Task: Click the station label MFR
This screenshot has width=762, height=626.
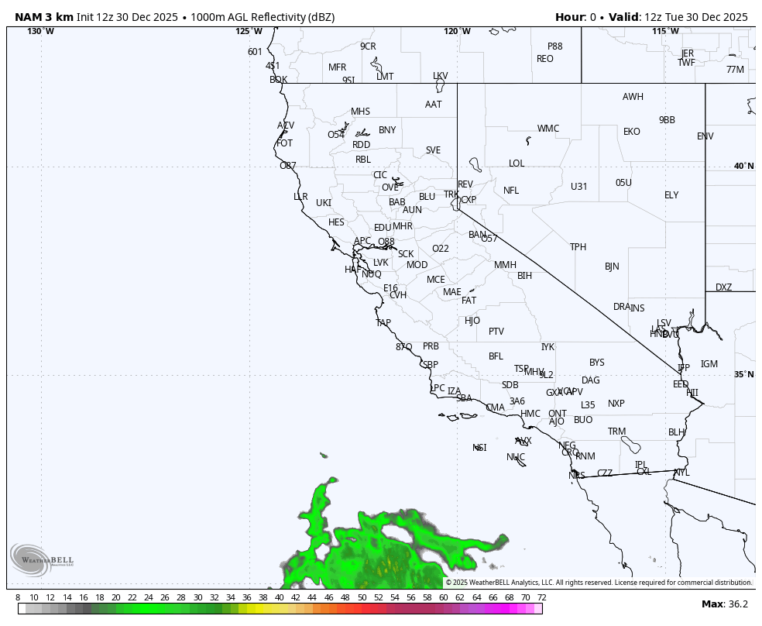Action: coord(338,67)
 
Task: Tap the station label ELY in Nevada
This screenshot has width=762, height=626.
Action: coord(671,195)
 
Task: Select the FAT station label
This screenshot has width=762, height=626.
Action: coord(469,301)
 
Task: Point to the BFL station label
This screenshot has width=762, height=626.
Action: coord(496,356)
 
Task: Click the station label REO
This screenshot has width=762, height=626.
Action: coord(545,59)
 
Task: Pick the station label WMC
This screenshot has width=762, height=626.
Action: coord(548,129)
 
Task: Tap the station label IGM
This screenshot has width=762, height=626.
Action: coord(709,364)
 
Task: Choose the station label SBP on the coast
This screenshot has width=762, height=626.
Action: coord(431,365)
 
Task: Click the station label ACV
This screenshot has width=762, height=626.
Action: coord(286,126)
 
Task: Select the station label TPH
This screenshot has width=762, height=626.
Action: coord(578,247)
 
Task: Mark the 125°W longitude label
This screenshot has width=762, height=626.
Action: coord(249,32)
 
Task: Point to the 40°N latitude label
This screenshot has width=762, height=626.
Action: coord(743,167)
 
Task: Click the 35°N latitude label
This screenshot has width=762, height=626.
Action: coord(743,375)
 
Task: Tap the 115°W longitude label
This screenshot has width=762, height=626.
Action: coord(665,32)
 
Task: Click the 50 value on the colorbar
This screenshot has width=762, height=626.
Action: coord(362,597)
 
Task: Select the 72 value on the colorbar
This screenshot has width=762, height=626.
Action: coord(542,597)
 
